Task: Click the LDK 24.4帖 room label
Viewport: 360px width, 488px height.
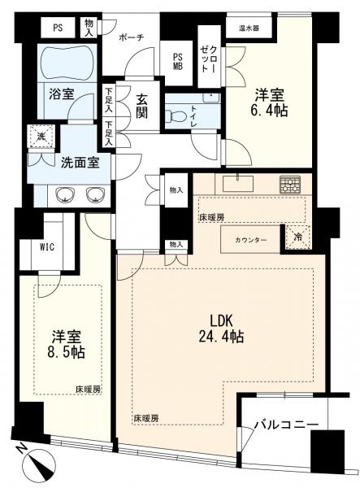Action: click(x=221, y=329)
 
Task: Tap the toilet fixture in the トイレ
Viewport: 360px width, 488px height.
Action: click(x=173, y=115)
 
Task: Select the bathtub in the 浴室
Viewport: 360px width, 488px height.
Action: click(x=67, y=63)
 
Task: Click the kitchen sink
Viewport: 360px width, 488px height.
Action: click(x=238, y=183)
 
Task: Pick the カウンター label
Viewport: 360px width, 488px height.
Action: click(x=250, y=240)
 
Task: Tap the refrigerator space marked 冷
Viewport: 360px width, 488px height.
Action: click(x=297, y=237)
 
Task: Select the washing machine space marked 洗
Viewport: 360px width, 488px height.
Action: click(x=41, y=137)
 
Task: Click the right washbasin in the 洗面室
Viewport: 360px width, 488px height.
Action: click(x=95, y=195)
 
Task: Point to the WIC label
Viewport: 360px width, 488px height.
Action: click(x=47, y=247)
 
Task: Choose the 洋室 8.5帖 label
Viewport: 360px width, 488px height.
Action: click(x=66, y=344)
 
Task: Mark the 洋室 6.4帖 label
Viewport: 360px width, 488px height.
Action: click(x=270, y=102)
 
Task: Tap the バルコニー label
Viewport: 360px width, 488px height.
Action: click(x=287, y=425)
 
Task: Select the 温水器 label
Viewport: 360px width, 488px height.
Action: click(x=249, y=28)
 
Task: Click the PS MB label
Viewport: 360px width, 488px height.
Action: click(x=178, y=62)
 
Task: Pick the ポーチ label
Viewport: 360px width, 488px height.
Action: click(x=132, y=38)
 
